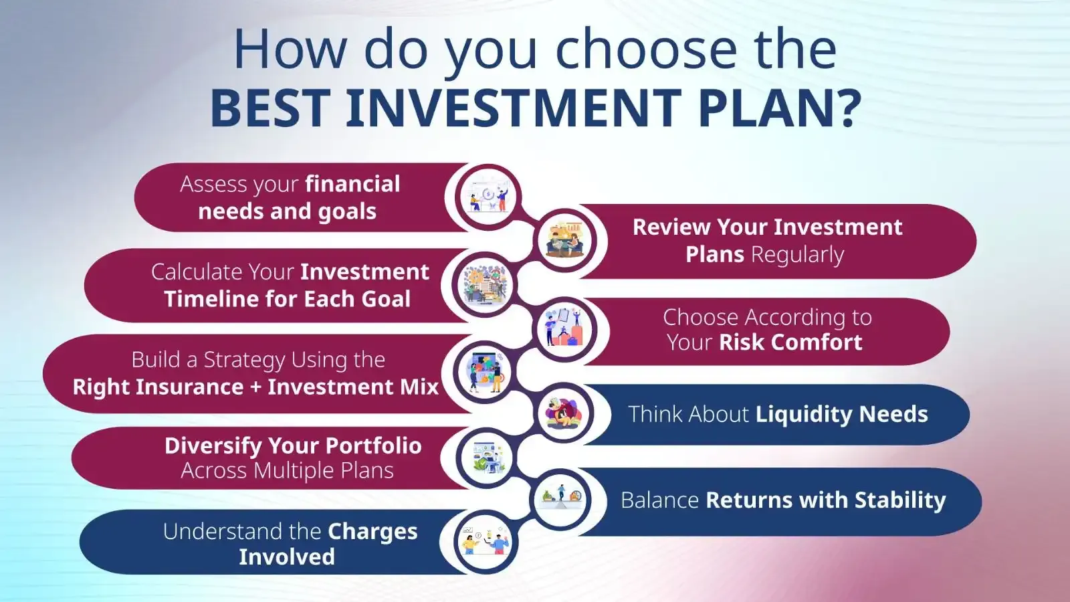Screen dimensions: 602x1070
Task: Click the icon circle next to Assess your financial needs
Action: click(488, 197)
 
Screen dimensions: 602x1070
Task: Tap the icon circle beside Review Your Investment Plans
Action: click(565, 239)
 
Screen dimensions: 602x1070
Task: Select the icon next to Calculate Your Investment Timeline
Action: click(486, 286)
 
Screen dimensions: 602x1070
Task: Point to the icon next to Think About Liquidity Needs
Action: click(564, 413)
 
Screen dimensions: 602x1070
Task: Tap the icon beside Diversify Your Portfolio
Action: click(486, 458)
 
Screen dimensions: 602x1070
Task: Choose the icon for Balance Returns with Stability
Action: click(562, 499)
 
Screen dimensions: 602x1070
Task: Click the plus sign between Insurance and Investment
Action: click(255, 387)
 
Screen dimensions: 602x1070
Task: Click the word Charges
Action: click(372, 532)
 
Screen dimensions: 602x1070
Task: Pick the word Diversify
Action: click(203, 446)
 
